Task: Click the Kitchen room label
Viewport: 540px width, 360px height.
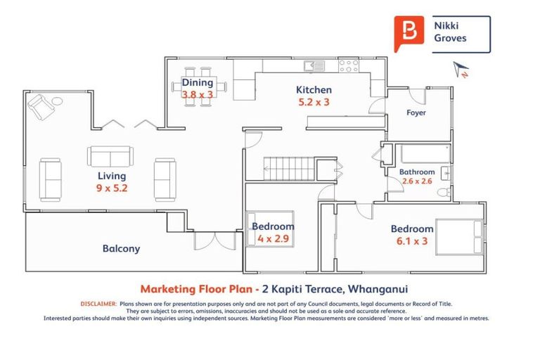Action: [314, 90]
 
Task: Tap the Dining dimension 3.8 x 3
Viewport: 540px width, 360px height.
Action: [197, 94]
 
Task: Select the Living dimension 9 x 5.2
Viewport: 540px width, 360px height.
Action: [112, 188]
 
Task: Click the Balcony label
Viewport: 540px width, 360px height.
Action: [121, 248]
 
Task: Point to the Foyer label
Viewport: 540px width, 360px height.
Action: [416, 112]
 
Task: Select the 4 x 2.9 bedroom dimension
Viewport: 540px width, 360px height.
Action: [273, 239]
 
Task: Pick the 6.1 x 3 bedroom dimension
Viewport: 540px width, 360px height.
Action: [412, 241]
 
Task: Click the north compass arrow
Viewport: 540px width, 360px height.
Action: [461, 69]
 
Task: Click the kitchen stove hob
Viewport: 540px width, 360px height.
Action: [349, 66]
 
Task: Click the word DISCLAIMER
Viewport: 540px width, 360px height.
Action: [98, 304]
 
